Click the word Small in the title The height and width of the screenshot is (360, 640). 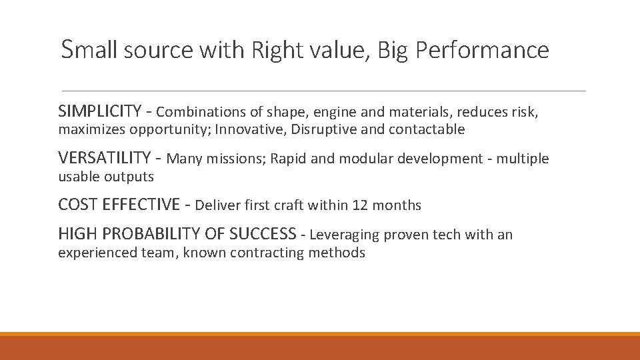(x=88, y=50)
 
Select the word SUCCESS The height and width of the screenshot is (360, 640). (x=263, y=234)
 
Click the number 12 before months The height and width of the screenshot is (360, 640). (x=361, y=205)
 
